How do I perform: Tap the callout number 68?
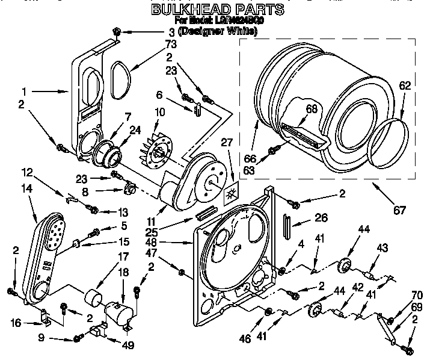click(310, 109)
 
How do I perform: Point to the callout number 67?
click(399, 210)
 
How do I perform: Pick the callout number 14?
click(27, 188)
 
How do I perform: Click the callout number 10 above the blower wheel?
click(159, 112)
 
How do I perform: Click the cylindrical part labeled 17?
click(94, 297)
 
